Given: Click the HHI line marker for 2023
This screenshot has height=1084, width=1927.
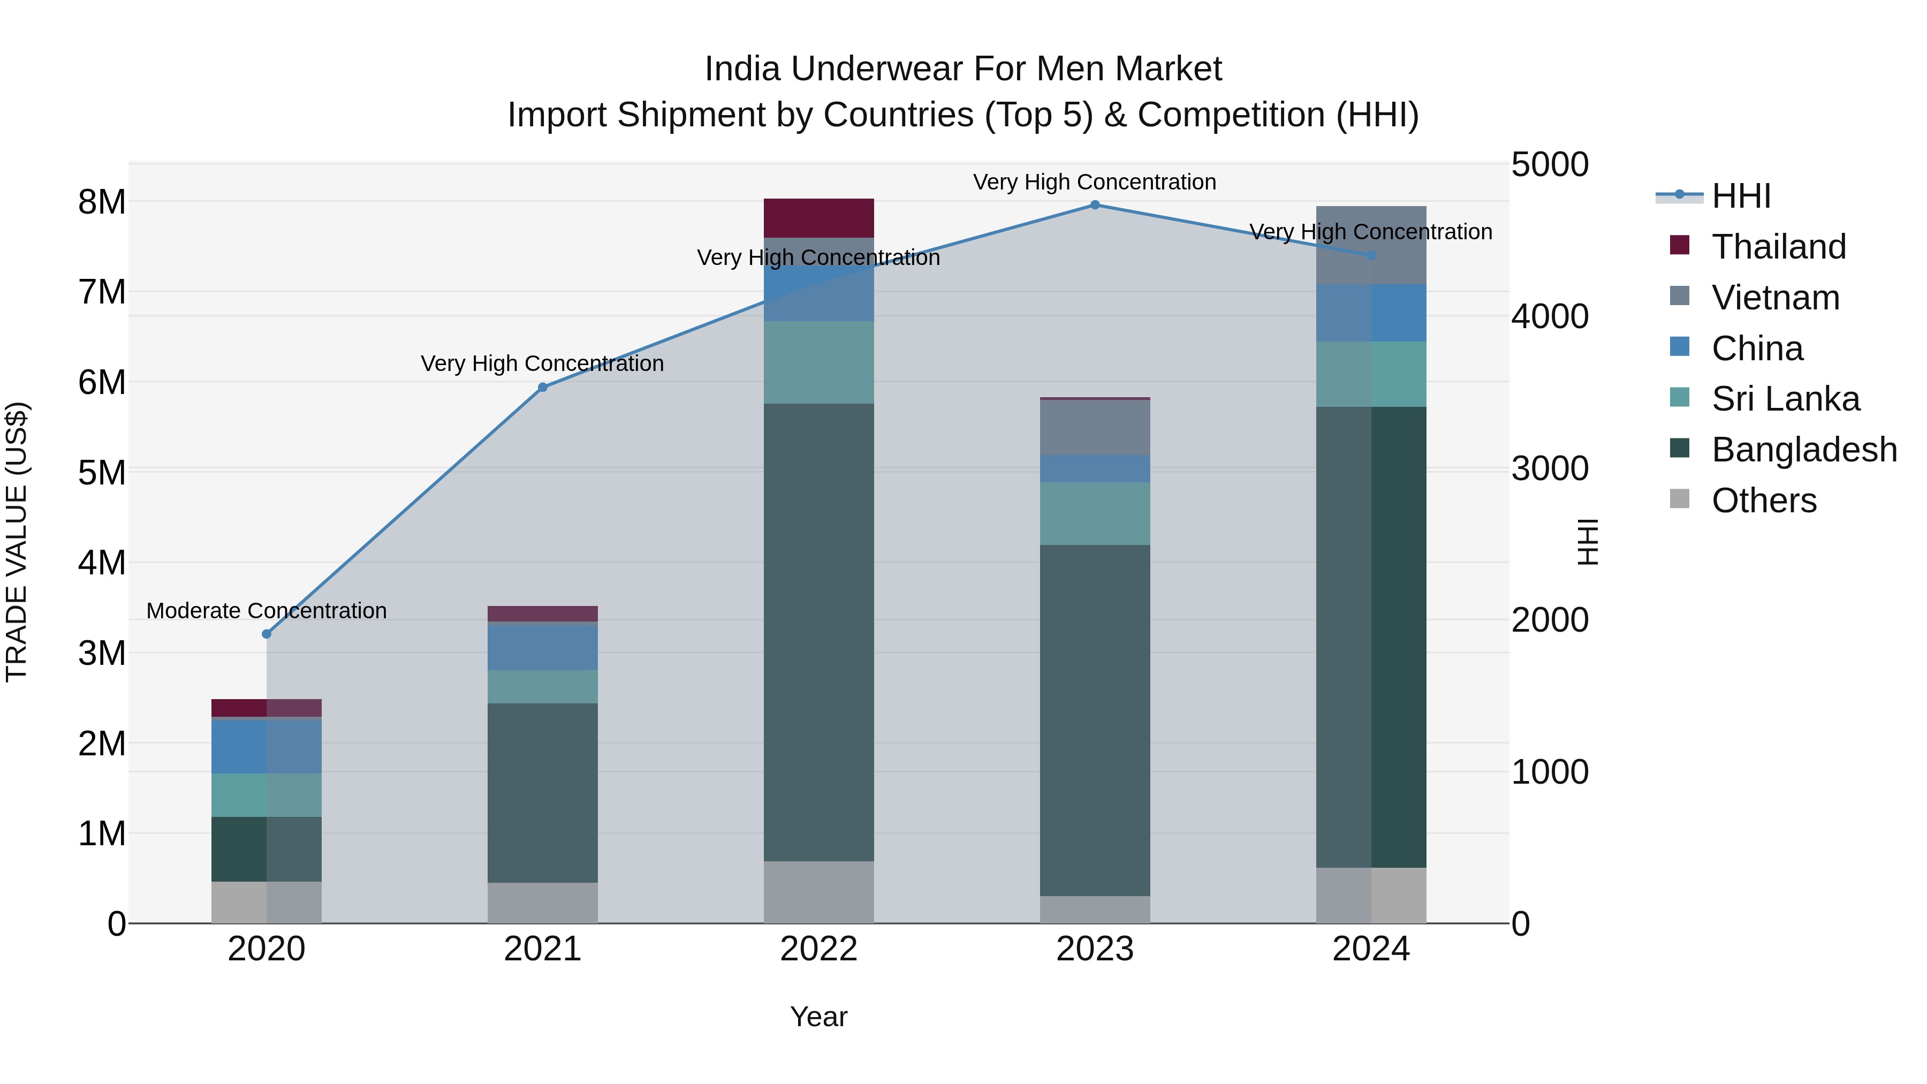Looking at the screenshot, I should pos(1095,205).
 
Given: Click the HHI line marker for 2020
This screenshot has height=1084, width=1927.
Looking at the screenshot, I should pos(267,634).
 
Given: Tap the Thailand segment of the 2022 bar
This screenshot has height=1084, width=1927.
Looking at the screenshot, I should pos(818,218).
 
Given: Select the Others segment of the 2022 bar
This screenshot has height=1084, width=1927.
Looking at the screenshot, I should pos(818,892).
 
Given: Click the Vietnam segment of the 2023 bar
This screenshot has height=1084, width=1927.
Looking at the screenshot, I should pos(1095,427).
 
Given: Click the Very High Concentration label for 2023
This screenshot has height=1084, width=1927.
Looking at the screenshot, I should pos(1095,182).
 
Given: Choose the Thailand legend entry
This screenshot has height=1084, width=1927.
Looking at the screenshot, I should pos(1778,247).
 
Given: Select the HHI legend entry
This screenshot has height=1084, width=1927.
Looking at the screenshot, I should pos(1741,196).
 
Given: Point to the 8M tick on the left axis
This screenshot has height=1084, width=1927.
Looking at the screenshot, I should pos(102,202).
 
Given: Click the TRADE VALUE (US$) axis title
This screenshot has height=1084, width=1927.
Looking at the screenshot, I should pos(17,542).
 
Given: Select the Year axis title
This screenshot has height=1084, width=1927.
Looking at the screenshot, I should pos(818,1017).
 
